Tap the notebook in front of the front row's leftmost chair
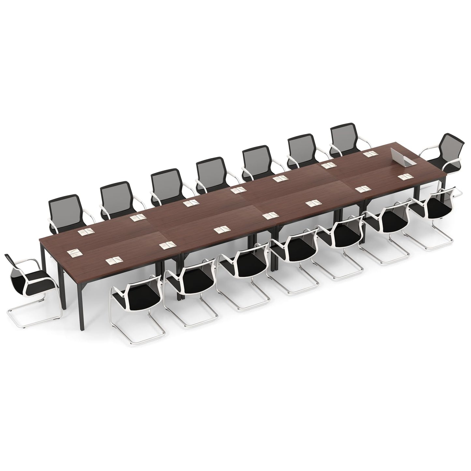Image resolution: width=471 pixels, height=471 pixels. click(114, 260)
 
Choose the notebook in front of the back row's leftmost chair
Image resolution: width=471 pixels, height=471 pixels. click(86, 231)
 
